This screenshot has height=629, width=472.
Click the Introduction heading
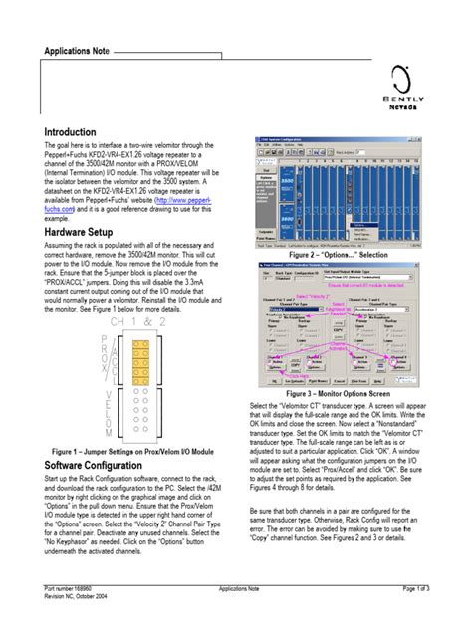(70, 132)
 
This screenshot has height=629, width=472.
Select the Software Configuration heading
(103, 465)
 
